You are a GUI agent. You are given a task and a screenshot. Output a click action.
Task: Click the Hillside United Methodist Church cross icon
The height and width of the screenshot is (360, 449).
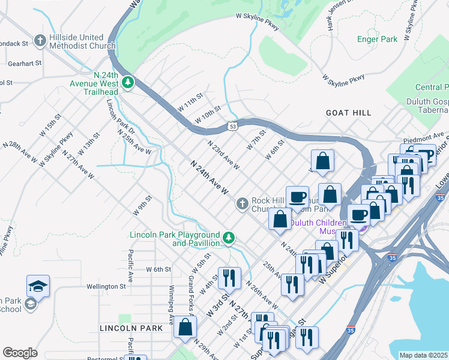pos(40,41)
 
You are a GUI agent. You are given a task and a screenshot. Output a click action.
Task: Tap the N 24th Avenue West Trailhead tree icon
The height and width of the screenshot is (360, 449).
pos(127,83)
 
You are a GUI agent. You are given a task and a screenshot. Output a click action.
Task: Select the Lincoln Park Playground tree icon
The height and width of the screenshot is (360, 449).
pos(229,238)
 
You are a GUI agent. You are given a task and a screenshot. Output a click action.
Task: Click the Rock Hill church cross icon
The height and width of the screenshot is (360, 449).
pos(242,205)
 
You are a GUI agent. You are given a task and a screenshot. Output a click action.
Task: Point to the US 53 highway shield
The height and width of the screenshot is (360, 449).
pos(233,126)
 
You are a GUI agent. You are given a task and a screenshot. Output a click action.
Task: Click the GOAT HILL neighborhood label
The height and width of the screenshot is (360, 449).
pos(348,113)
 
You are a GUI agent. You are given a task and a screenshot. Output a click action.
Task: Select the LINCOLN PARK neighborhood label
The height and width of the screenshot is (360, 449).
pos(131,328)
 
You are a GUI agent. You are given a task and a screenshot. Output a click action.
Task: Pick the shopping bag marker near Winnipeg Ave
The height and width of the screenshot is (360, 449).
pos(185,327)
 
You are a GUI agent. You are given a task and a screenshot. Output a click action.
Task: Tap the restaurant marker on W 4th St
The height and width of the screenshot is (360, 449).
pos(229,277)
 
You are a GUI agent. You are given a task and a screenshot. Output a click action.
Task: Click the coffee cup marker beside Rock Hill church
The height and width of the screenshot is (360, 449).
pos(298,196)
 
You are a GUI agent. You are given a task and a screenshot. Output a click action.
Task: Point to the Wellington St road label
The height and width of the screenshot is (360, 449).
pos(104,286)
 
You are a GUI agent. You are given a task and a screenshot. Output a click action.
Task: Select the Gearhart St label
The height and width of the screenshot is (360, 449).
pos(25,62)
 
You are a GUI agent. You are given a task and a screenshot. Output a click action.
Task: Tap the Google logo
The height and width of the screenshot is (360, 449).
pos(20,353)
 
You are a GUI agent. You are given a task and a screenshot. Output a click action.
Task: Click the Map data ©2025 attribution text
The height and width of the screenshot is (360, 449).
pos(424,355)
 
